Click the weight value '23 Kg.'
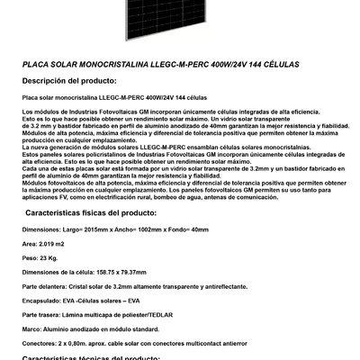(49, 256)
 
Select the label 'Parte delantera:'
(42, 285)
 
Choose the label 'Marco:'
(30, 328)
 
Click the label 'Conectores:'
(39, 343)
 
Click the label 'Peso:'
(28, 256)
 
